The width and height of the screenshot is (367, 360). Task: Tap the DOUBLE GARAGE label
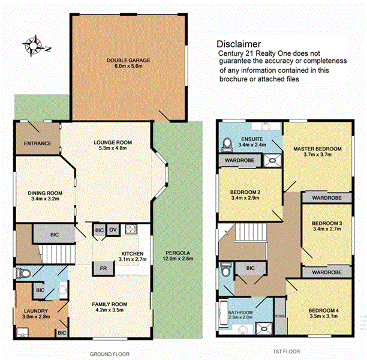coord(128,61)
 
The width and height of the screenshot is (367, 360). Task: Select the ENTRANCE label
coord(37,144)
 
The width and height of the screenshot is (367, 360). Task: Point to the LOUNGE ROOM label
coord(112,142)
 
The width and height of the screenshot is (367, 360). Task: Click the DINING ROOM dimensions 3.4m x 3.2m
coord(45,199)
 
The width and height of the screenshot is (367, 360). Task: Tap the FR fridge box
coord(103,268)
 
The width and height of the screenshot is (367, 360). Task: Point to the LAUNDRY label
coord(35,311)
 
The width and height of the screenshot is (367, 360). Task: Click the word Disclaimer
coord(238,44)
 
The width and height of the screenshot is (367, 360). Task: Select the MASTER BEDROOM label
coord(317,148)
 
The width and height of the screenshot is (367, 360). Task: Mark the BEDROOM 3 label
coord(327,224)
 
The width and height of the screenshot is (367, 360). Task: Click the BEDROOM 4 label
coord(324,310)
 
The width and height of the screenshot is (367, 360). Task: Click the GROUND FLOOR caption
coord(110,354)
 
